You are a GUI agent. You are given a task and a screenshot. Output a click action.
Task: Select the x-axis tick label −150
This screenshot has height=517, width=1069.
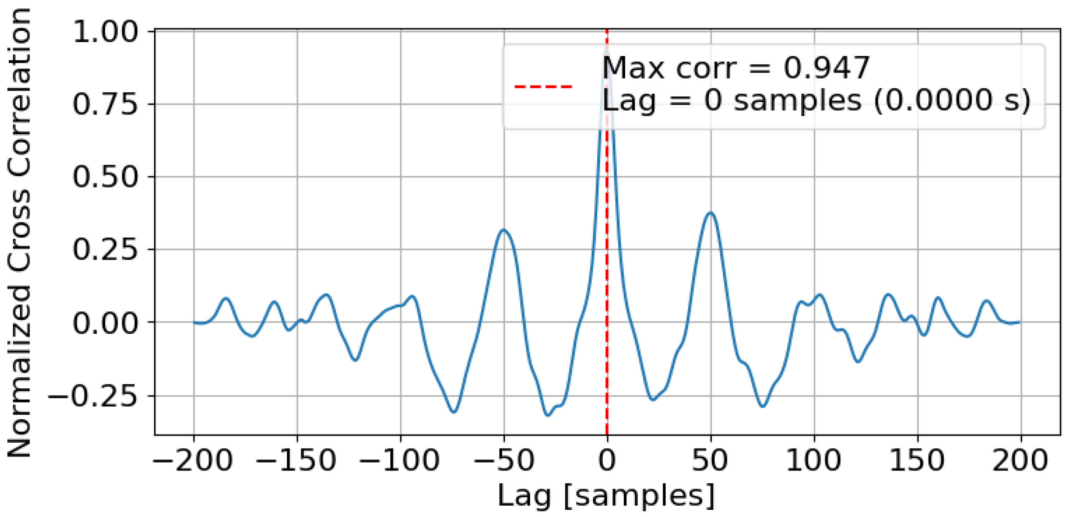point(296,460)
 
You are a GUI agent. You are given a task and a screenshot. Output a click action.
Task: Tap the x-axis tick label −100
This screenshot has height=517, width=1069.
point(400,460)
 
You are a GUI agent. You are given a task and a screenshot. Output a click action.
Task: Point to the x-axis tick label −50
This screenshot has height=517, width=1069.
point(504,460)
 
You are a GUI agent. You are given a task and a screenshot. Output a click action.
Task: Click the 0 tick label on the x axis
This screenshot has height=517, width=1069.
point(607,460)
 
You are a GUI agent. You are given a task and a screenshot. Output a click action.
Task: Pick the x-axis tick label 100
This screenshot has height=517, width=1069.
point(813,460)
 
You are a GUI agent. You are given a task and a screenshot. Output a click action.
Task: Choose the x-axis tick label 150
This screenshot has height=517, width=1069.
point(917,460)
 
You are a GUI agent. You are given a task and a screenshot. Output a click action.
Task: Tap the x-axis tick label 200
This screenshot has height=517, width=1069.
point(1020,460)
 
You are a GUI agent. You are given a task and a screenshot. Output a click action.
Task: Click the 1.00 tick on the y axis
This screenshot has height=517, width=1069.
point(105,32)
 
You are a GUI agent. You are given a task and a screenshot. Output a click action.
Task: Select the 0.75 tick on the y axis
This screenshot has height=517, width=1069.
point(105,104)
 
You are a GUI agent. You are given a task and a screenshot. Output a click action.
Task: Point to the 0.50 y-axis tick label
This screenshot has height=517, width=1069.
point(105,177)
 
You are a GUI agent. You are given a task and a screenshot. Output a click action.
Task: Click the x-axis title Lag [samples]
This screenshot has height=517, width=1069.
point(607,495)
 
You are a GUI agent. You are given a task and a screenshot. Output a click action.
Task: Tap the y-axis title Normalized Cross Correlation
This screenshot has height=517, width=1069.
point(19,232)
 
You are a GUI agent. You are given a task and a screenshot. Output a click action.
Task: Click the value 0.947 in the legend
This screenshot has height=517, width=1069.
point(826,68)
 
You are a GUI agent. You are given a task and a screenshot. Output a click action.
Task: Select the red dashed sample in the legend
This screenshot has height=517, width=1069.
point(543,87)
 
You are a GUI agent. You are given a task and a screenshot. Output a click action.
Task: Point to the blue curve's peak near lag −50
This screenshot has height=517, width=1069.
point(503,230)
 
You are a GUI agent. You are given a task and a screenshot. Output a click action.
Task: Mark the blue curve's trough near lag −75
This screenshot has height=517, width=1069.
point(454,411)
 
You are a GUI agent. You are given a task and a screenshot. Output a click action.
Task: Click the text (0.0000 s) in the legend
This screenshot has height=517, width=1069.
point(952,101)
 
